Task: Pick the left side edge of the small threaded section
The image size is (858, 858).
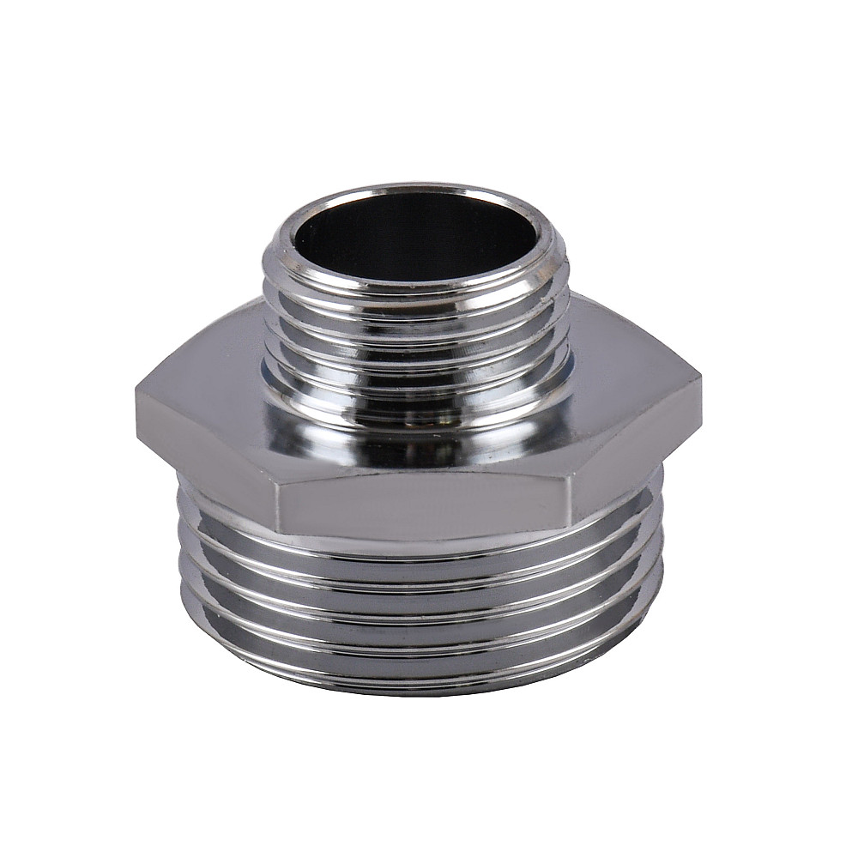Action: [x=266, y=326]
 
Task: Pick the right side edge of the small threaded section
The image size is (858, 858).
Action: [x=568, y=326]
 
